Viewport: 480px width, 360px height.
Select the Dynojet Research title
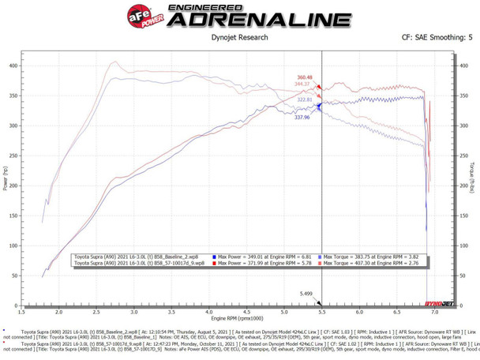tap(241, 37)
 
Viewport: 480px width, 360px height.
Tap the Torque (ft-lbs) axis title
tap(472, 178)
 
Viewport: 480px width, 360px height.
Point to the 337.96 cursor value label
tap(302, 117)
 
